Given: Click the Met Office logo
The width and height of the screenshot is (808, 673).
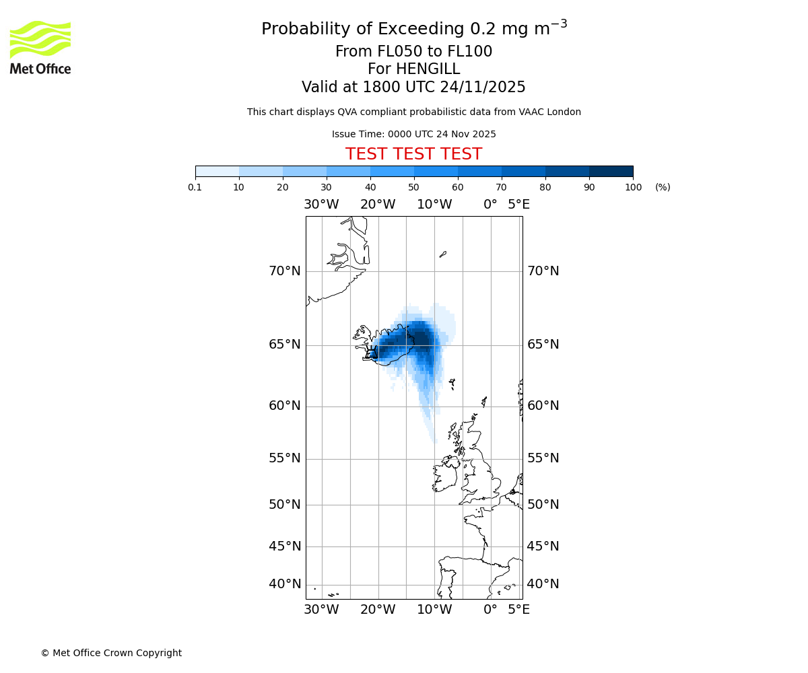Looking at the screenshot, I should (x=40, y=47).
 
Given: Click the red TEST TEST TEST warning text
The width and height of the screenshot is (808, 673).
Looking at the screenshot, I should (x=413, y=154).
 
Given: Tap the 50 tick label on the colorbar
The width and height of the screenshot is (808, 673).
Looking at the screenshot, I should (x=413, y=188).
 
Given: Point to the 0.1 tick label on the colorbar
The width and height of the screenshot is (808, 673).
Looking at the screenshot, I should (x=195, y=188).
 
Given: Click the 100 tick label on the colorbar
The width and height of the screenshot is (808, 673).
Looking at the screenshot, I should (x=633, y=188).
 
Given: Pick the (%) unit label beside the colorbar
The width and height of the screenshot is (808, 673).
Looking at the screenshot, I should (x=663, y=188).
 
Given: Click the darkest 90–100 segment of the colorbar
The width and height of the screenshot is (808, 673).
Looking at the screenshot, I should (x=611, y=171).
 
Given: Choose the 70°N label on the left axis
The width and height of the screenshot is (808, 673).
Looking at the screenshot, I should (x=285, y=271).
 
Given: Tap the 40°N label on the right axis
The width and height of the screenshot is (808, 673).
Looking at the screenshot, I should (x=543, y=584).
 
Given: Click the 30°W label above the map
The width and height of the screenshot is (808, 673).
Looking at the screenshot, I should (x=321, y=204).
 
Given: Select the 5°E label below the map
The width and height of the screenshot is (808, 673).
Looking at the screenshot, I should (x=518, y=610).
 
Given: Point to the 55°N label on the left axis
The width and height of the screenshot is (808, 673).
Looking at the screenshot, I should (x=285, y=458).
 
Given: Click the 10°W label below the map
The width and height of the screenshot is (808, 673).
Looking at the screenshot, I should (x=434, y=610).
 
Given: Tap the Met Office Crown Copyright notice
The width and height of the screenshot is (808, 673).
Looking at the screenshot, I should (x=111, y=653).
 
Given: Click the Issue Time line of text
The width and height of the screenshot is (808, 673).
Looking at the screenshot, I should (x=413, y=134).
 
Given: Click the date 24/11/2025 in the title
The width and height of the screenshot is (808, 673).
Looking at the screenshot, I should (x=483, y=87).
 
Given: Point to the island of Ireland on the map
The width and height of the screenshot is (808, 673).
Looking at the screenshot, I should (x=445, y=475).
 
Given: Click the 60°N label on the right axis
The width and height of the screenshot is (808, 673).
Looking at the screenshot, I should (x=543, y=406).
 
